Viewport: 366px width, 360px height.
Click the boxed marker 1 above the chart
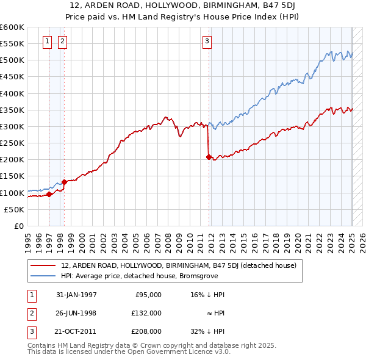(48, 41)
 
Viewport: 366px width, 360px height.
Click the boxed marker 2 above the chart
(63, 41)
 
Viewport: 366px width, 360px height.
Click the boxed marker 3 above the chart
(207, 41)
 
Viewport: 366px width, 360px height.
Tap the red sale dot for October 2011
(209, 157)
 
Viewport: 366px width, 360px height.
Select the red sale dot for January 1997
(49, 195)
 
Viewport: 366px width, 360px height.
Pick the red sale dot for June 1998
(64, 182)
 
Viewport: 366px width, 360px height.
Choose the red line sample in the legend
(43, 265)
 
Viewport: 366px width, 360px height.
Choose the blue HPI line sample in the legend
(43, 275)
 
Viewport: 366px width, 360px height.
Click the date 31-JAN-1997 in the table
(76, 295)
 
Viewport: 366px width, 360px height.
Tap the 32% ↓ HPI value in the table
(207, 331)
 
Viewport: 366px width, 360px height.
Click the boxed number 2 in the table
(31, 313)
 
